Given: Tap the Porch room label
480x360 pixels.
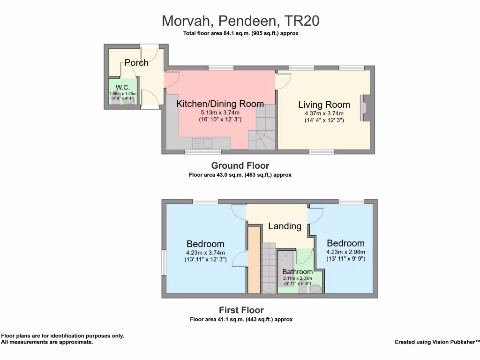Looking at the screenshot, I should [136, 63].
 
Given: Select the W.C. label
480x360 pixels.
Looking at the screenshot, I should [123, 87].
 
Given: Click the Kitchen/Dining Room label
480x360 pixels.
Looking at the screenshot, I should [220, 104].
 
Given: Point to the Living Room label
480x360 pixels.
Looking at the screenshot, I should [324, 105].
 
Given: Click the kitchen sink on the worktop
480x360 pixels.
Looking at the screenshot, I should [202, 142].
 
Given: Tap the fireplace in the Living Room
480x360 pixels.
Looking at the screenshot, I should [363, 109].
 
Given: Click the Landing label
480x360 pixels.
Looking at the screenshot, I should [285, 226].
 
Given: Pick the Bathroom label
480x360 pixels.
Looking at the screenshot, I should [297, 272].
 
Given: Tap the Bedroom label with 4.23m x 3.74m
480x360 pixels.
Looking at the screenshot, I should [205, 244].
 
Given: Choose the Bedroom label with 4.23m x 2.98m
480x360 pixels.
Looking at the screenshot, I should [345, 243].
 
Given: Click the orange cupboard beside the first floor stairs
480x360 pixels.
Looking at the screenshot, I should [254, 260].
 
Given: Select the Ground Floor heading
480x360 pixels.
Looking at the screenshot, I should [240, 165].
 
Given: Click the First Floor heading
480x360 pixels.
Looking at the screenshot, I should [241, 310].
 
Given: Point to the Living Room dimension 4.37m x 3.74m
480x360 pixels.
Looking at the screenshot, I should [324, 113].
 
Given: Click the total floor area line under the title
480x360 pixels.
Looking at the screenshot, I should [240, 33].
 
